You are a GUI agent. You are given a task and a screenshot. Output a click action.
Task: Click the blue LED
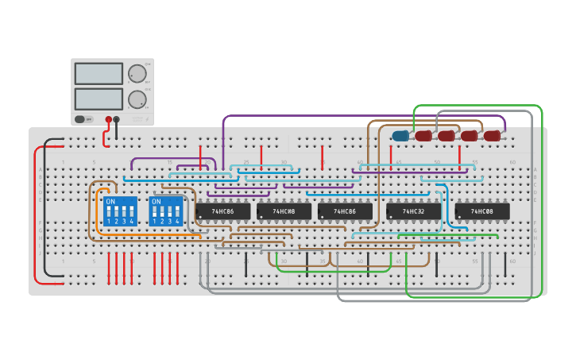[400, 136]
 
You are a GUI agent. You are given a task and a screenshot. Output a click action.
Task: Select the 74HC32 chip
[414, 211]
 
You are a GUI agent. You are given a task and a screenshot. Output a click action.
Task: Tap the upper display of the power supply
[99, 73]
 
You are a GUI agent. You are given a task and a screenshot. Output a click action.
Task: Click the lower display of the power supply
[99, 99]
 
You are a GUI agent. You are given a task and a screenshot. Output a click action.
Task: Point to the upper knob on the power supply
[137, 73]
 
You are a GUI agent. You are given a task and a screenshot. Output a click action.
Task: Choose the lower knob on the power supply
[137, 99]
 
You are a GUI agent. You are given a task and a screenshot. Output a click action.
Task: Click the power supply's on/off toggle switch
[79, 119]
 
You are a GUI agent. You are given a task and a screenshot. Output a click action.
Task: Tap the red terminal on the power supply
[109, 119]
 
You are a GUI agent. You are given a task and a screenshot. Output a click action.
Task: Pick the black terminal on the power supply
[117, 119]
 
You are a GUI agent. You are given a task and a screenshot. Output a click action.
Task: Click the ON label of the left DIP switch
[110, 202]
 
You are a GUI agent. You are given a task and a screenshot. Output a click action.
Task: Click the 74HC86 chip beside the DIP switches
[222, 211]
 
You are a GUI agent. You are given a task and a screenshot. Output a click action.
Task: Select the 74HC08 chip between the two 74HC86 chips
[284, 211]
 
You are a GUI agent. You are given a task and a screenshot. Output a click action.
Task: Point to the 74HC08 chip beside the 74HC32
[482, 211]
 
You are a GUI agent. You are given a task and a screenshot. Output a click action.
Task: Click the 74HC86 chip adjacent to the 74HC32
[345, 211]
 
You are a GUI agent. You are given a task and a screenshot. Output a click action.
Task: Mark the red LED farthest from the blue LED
[493, 136]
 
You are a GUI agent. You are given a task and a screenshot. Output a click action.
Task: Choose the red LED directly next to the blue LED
[423, 136]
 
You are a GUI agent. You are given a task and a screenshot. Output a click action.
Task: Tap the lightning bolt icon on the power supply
[148, 119]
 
